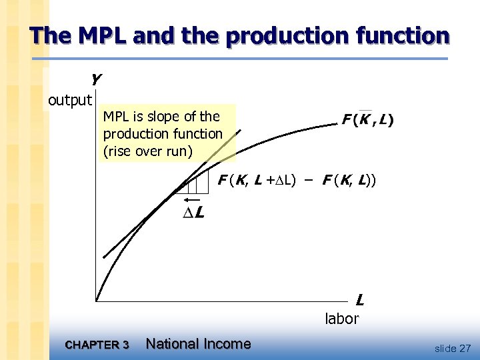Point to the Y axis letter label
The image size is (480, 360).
(96, 80)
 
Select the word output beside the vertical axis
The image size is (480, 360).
(70, 100)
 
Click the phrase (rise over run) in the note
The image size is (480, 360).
(147, 151)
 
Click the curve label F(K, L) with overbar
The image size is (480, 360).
(367, 120)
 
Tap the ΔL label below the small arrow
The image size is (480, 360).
(193, 213)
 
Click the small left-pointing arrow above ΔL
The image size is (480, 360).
(192, 199)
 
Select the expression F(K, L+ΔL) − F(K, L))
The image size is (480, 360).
(297, 179)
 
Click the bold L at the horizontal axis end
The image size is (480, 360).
(360, 299)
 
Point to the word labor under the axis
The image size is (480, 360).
(341, 319)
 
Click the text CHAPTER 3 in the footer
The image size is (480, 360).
(97, 345)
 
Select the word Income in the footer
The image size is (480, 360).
(229, 344)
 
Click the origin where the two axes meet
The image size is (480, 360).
(96, 301)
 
